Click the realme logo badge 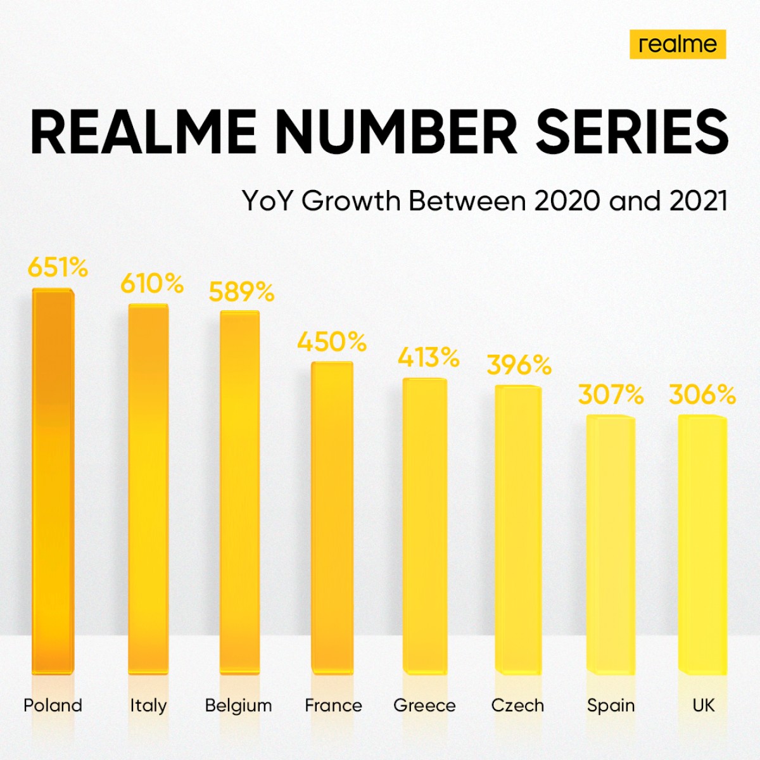pos(677,44)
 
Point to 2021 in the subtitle pos(698,201)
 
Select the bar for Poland pos(53,481)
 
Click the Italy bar pos(148,488)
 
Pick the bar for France pos(332,516)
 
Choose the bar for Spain pos(611,545)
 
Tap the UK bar pos(702,545)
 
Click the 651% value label pos(58,268)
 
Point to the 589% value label pos(241,292)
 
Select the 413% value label pos(428,358)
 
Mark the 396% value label pos(519,365)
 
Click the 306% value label pos(702,395)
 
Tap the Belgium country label pos(238,706)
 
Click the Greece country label pos(424,706)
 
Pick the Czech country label pos(517,706)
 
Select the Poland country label pos(53,706)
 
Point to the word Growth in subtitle pos(351,201)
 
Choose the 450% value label pos(332,343)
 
